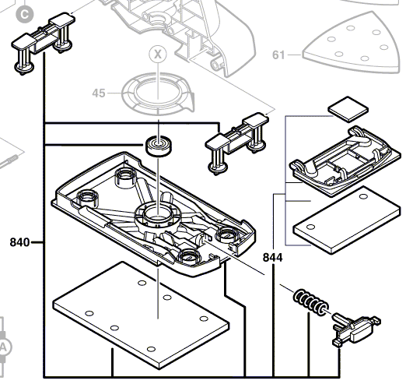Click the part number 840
pos(19,242)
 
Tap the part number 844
pos(273,258)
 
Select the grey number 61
pos(278,55)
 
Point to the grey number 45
pos(99,93)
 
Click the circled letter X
pos(158,55)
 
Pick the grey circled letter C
pos(25,15)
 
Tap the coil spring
pos(310,303)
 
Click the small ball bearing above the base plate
pos(159,146)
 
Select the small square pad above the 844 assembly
pos(348,109)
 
